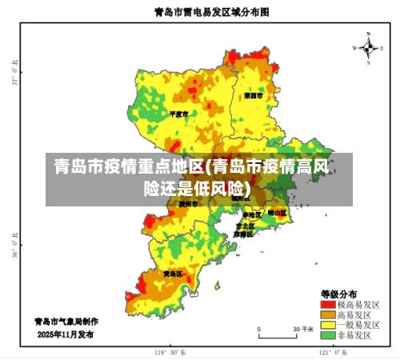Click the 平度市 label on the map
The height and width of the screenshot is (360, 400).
(x=179, y=114)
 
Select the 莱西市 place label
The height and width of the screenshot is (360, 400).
(x=254, y=95)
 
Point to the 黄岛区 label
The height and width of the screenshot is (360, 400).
(x=173, y=273)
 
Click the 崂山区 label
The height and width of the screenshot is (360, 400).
(x=277, y=213)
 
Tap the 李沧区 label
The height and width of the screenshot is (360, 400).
(x=251, y=215)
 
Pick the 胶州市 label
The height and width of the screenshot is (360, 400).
(x=189, y=204)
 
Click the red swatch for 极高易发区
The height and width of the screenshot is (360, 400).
(x=328, y=304)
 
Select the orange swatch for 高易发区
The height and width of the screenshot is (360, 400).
(x=328, y=314)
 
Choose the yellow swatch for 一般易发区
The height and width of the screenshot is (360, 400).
(x=328, y=325)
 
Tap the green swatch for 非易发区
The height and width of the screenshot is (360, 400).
(x=328, y=335)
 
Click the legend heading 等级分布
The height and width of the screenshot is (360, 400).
(x=339, y=293)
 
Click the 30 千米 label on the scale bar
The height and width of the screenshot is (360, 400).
(x=301, y=329)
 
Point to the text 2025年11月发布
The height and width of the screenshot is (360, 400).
(x=65, y=334)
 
